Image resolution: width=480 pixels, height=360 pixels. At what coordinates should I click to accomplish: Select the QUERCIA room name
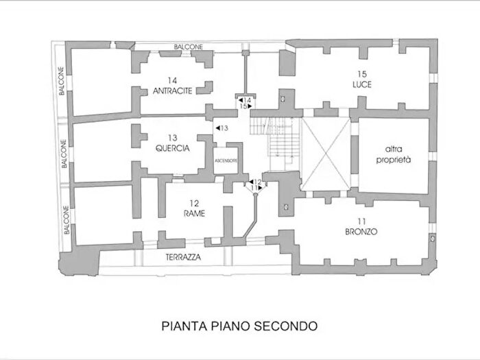(x=172, y=147)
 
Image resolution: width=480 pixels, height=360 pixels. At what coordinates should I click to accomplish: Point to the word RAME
(x=193, y=213)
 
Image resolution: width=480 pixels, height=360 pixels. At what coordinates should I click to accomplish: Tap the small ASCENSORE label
(x=226, y=160)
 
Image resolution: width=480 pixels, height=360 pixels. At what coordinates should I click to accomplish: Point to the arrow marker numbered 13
(x=221, y=128)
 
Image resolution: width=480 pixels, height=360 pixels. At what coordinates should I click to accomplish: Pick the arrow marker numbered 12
(x=254, y=182)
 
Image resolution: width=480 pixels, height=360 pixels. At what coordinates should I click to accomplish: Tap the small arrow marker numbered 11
(x=254, y=188)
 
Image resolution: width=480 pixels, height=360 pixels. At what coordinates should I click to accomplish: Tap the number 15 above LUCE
(x=361, y=73)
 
